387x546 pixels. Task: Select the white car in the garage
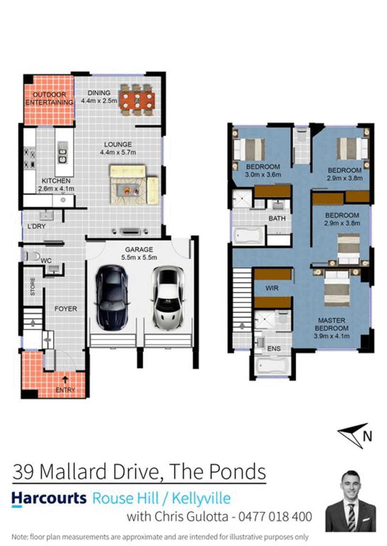pyautogui.click(x=167, y=297)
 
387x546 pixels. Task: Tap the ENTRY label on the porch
pyautogui.click(x=65, y=389)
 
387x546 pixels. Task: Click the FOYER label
pyautogui.click(x=65, y=309)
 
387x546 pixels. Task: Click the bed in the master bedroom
pyautogui.click(x=337, y=288)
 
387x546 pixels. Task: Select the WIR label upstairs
pyautogui.click(x=272, y=288)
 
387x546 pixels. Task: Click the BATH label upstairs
pyautogui.click(x=277, y=219)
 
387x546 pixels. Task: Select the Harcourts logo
pyautogui.click(x=48, y=498)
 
